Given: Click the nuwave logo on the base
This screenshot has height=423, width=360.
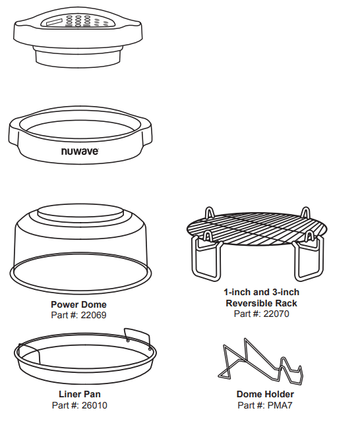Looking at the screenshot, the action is pyautogui.click(x=80, y=152).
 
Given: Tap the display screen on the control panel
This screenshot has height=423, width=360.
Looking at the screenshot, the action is pyautogui.click(x=55, y=22).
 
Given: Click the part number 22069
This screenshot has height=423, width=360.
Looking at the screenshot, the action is pyautogui.click(x=94, y=315).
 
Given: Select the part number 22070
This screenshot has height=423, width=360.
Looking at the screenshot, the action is pyautogui.click(x=276, y=314).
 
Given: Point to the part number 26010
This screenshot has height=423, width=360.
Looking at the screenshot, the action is pyautogui.click(x=94, y=405).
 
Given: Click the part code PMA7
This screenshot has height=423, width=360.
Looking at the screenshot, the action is pyautogui.click(x=280, y=405).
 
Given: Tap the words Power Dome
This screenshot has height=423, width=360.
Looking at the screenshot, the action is pyautogui.click(x=78, y=304).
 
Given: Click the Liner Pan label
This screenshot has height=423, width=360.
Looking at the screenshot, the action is pyautogui.click(x=80, y=394).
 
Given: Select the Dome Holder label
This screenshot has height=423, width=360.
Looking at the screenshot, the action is pyautogui.click(x=265, y=394).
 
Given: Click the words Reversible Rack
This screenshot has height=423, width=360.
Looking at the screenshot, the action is pyautogui.click(x=261, y=303).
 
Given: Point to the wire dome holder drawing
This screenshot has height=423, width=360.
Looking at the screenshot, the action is pyautogui.click(x=260, y=362).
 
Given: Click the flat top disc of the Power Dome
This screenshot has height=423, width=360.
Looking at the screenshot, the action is pyautogui.click(x=80, y=212).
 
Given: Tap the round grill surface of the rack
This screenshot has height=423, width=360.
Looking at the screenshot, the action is pyautogui.click(x=256, y=229).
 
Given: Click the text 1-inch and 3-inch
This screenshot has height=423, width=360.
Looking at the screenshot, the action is pyautogui.click(x=261, y=292).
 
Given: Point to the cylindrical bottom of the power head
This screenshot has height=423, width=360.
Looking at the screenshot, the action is pyautogui.click(x=78, y=57).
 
